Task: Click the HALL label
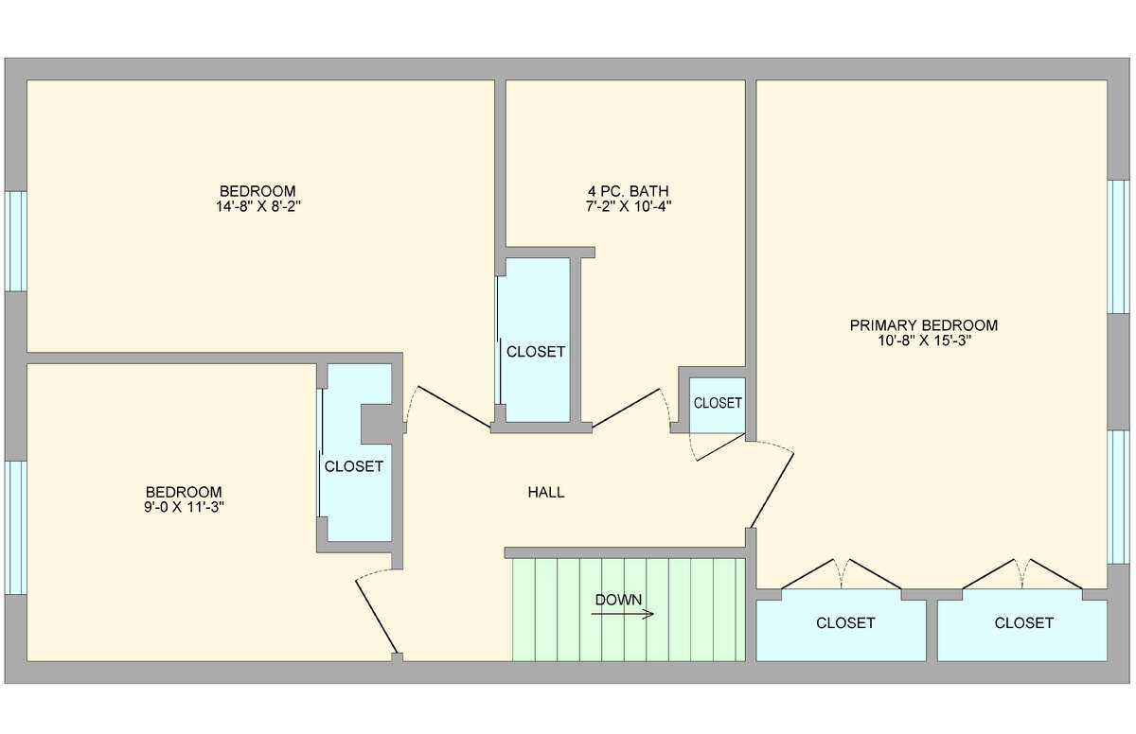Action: click(x=545, y=493)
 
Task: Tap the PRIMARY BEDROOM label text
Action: click(x=924, y=325)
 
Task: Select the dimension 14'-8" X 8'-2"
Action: click(x=258, y=207)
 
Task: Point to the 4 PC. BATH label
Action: click(x=629, y=191)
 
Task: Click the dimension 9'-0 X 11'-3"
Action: click(x=184, y=507)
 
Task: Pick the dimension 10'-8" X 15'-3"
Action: click(x=924, y=341)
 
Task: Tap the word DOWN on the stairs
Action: click(x=618, y=600)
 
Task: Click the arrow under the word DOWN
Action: click(x=622, y=614)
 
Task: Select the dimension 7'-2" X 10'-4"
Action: click(x=629, y=206)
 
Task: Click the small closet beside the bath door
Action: click(x=718, y=405)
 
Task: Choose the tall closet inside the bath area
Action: click(x=538, y=340)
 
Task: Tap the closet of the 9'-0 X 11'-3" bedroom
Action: click(x=359, y=453)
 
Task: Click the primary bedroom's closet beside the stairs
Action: click(x=841, y=625)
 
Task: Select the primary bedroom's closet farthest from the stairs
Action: click(x=1021, y=625)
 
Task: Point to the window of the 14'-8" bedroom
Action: click(x=16, y=241)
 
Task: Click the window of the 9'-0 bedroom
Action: click(x=16, y=527)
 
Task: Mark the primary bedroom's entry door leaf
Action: click(x=772, y=490)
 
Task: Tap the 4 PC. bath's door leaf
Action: click(x=626, y=409)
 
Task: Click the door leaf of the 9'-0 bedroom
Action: click(x=377, y=617)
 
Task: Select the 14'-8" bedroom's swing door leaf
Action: click(x=453, y=407)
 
